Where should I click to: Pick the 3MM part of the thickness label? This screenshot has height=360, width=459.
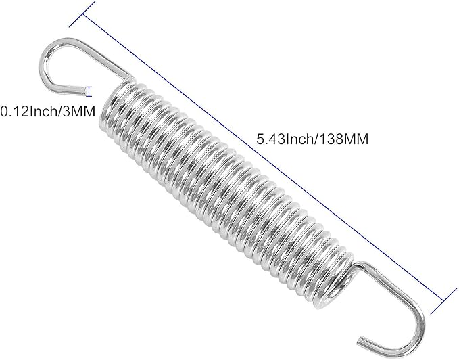click(x=77, y=108)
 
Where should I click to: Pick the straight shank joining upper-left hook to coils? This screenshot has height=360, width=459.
click(x=101, y=58)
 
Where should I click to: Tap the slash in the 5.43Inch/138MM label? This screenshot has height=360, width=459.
click(x=312, y=139)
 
